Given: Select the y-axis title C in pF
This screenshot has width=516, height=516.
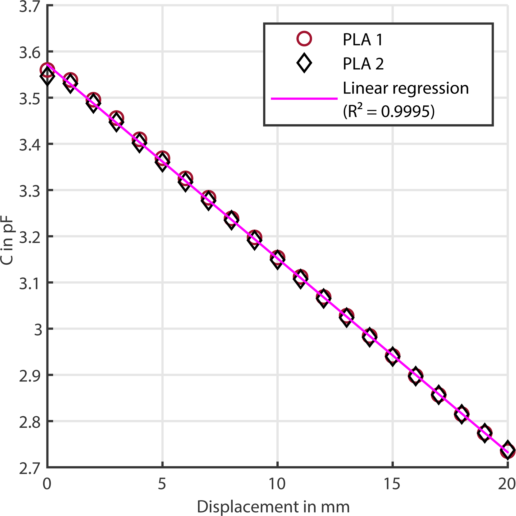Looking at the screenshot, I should click(x=7, y=240).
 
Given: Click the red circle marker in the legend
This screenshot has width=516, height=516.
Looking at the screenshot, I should click(x=304, y=39).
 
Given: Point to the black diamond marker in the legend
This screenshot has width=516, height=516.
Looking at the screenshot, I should click(x=304, y=63).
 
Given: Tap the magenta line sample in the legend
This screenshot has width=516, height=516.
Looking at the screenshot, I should click(x=304, y=99).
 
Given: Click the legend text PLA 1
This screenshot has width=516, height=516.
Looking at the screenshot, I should click(x=363, y=40).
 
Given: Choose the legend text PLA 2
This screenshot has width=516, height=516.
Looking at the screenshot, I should click(x=363, y=64).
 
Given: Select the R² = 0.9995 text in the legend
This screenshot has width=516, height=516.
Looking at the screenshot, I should click(x=389, y=111).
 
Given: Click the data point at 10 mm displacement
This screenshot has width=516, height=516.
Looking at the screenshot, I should click(x=278, y=258).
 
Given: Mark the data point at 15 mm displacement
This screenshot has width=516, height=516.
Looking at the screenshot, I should click(x=392, y=356).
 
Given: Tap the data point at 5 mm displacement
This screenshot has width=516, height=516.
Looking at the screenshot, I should click(x=162, y=159).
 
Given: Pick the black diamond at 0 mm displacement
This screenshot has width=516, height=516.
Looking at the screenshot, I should click(x=47, y=76).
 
